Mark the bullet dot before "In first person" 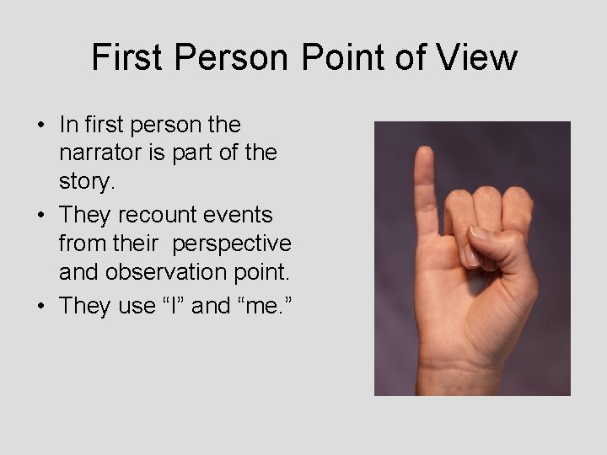coord(40,126)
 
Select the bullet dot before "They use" coord(40,306)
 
